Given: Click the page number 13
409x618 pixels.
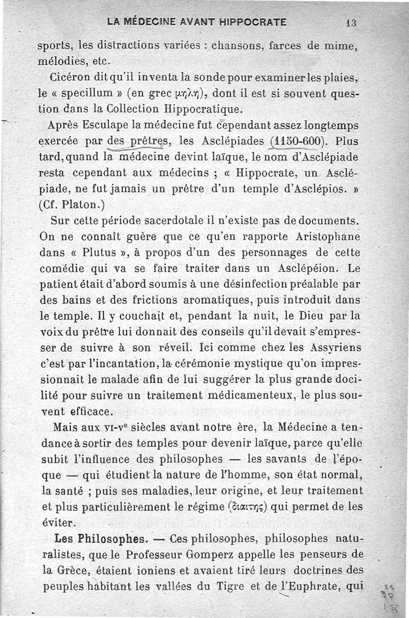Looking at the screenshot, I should (x=351, y=22).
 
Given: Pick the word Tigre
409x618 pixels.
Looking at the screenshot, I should (x=240, y=586).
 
